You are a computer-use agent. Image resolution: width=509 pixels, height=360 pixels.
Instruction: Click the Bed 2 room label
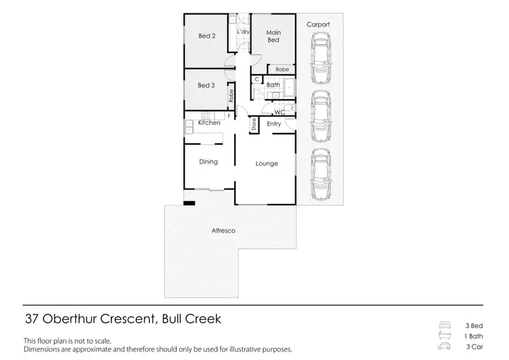pyautogui.click(x=206, y=36)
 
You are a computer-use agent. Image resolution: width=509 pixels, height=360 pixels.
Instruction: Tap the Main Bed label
pyautogui.click(x=273, y=36)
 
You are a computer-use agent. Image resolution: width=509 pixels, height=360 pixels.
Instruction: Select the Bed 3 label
pyautogui.click(x=206, y=86)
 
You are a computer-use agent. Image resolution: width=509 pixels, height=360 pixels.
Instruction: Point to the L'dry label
pyautogui.click(x=242, y=32)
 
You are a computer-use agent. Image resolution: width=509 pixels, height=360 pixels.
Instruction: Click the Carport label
pyautogui.click(x=318, y=24)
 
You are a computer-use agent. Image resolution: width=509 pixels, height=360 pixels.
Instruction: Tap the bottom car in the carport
pyautogui.click(x=320, y=171)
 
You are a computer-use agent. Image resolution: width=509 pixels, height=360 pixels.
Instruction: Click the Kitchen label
pyautogui.click(x=209, y=123)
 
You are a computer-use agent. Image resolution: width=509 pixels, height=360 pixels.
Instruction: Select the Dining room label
pyautogui.click(x=208, y=162)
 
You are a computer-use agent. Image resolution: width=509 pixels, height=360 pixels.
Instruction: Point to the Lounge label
pyautogui.click(x=266, y=163)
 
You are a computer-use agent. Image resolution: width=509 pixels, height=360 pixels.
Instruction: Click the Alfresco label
pyautogui.click(x=223, y=232)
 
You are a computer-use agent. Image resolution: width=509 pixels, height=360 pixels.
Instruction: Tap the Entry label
pyautogui.click(x=274, y=124)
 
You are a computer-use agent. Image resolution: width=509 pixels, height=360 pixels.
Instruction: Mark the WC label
pyautogui.click(x=278, y=111)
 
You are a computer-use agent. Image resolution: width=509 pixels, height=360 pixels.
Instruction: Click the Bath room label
pyautogui.click(x=273, y=85)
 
